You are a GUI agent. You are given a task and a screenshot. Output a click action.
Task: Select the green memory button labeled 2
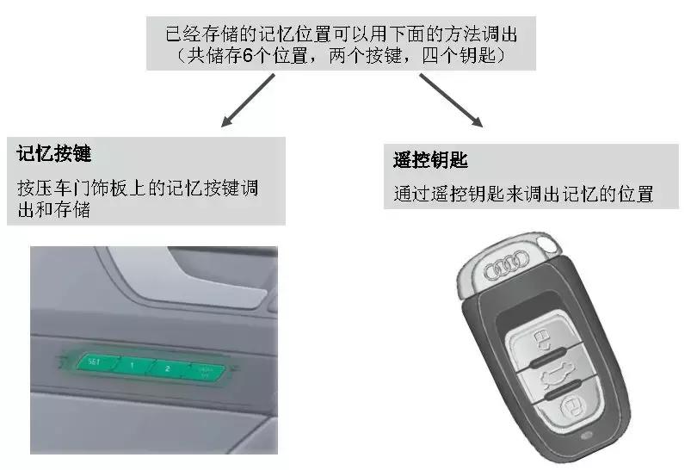pyautogui.click(x=168, y=368)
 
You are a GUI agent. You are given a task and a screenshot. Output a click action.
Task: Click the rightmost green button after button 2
pyautogui.click(x=204, y=371)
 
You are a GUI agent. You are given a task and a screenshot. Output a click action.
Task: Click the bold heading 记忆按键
pyautogui.click(x=54, y=155)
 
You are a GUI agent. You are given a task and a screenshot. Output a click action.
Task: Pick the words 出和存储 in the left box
pyautogui.click(x=54, y=209)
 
